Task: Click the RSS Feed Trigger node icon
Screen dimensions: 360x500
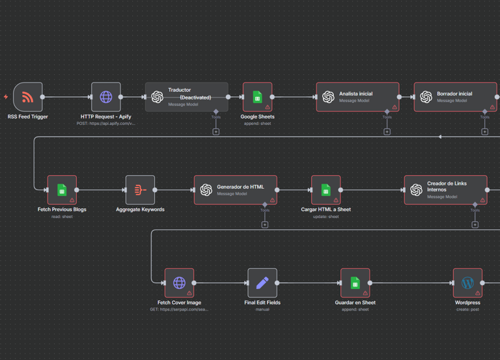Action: (27, 97)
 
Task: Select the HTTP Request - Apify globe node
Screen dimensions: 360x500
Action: (105, 97)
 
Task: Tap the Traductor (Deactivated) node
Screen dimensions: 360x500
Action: (187, 97)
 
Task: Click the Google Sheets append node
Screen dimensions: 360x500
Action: (257, 97)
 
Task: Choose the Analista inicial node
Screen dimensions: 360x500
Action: (357, 97)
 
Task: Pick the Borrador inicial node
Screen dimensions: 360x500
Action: (455, 97)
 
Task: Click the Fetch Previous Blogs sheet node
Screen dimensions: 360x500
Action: (62, 190)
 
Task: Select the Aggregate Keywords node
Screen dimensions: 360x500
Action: (140, 190)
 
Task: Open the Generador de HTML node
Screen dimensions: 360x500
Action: (235, 190)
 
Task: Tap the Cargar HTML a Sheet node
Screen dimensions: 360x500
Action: (326, 190)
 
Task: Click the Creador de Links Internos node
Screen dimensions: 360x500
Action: (445, 190)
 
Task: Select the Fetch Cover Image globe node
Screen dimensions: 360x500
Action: (179, 283)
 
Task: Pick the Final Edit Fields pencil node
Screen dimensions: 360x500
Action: (262, 283)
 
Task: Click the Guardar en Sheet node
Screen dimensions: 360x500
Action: (355, 283)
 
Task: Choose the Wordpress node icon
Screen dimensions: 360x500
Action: (467, 283)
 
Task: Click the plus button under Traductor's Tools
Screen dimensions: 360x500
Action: (216, 132)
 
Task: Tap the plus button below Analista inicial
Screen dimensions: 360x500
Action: (387, 132)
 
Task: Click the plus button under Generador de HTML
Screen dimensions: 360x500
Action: (265, 225)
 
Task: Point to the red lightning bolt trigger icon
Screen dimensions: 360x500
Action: (6, 97)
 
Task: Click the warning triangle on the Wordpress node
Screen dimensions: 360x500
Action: (477, 294)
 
